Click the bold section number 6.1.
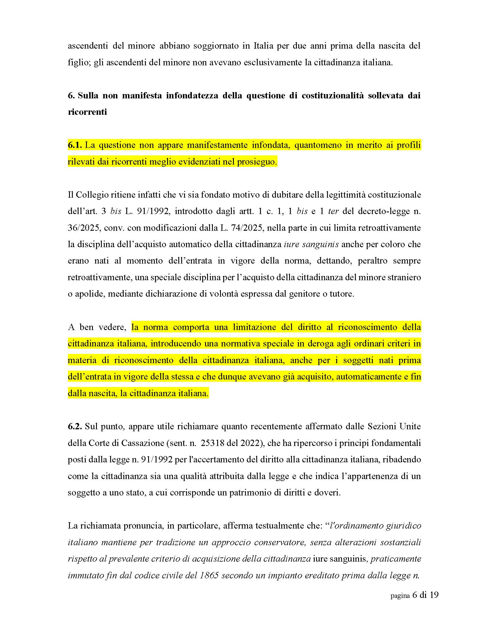pyautogui.click(x=75, y=145)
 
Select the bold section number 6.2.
pyautogui.click(x=75, y=427)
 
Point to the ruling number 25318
pyautogui.click(x=219, y=443)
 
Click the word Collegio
pyautogui.click(x=91, y=195)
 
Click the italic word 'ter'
pyautogui.click(x=333, y=211)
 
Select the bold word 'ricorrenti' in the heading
pyautogui.click(x=87, y=112)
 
